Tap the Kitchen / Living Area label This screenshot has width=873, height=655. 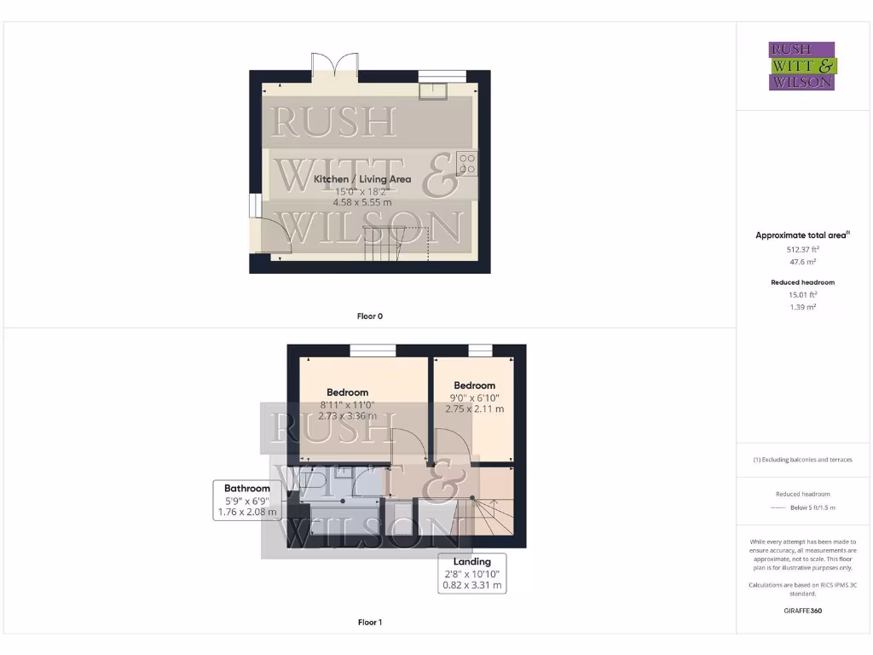tap(362, 179)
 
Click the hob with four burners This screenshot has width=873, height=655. tap(466, 163)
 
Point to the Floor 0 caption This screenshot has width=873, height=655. tap(369, 316)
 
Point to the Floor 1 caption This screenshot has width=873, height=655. tap(369, 623)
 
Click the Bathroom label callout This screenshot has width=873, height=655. tap(247, 501)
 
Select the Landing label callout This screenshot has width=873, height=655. tap(472, 574)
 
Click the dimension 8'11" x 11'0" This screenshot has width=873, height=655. tap(348, 405)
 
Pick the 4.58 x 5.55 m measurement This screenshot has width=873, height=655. tap(362, 203)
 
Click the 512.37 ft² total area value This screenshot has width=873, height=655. tap(802, 250)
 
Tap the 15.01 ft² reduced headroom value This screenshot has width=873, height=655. tap(802, 294)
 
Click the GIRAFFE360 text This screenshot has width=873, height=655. tap(802, 611)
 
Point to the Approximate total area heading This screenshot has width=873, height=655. tap(801, 235)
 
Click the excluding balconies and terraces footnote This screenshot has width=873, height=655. tap(802, 460)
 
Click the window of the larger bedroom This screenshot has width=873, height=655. tap(373, 350)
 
